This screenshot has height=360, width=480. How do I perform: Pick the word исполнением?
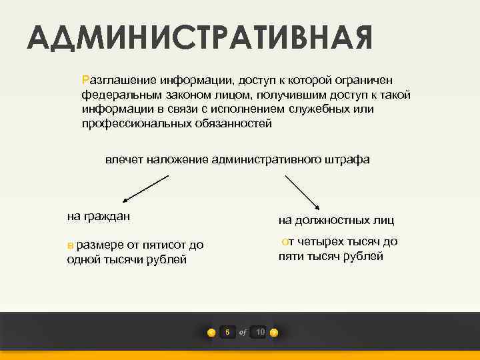point(251,109)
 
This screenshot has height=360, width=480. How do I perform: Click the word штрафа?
point(347,159)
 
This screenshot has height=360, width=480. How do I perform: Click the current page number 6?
point(227,332)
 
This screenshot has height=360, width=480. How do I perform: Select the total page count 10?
point(260,332)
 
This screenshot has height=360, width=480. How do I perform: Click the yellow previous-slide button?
point(211,333)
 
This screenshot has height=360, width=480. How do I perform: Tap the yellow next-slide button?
point(274,333)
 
